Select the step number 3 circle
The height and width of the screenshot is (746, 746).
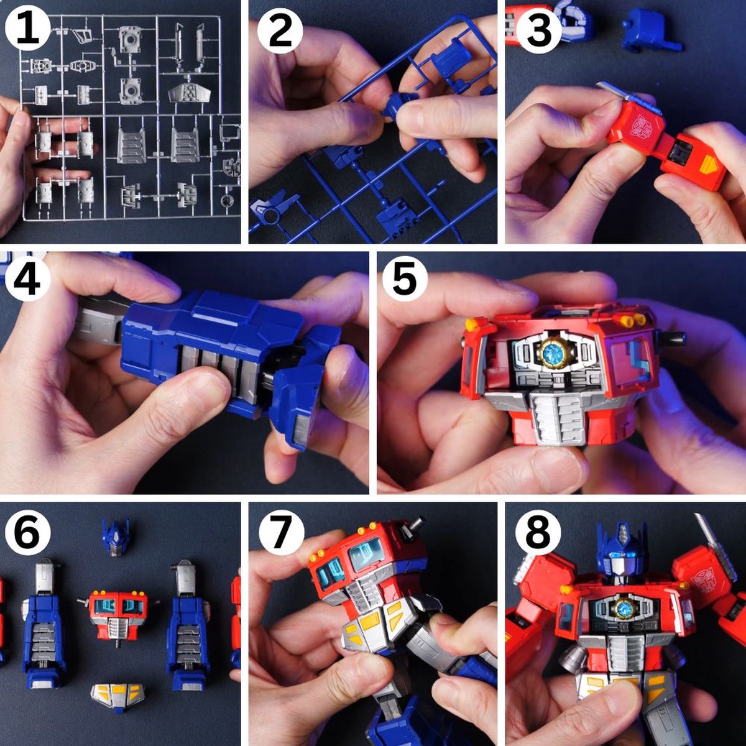pyautogui.click(x=538, y=29)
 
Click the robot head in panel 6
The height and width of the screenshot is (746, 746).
pyautogui.click(x=115, y=536)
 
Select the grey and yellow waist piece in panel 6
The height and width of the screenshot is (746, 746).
pyautogui.click(x=117, y=697)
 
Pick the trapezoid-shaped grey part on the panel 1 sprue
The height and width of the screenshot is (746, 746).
pyautogui.click(x=191, y=94)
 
